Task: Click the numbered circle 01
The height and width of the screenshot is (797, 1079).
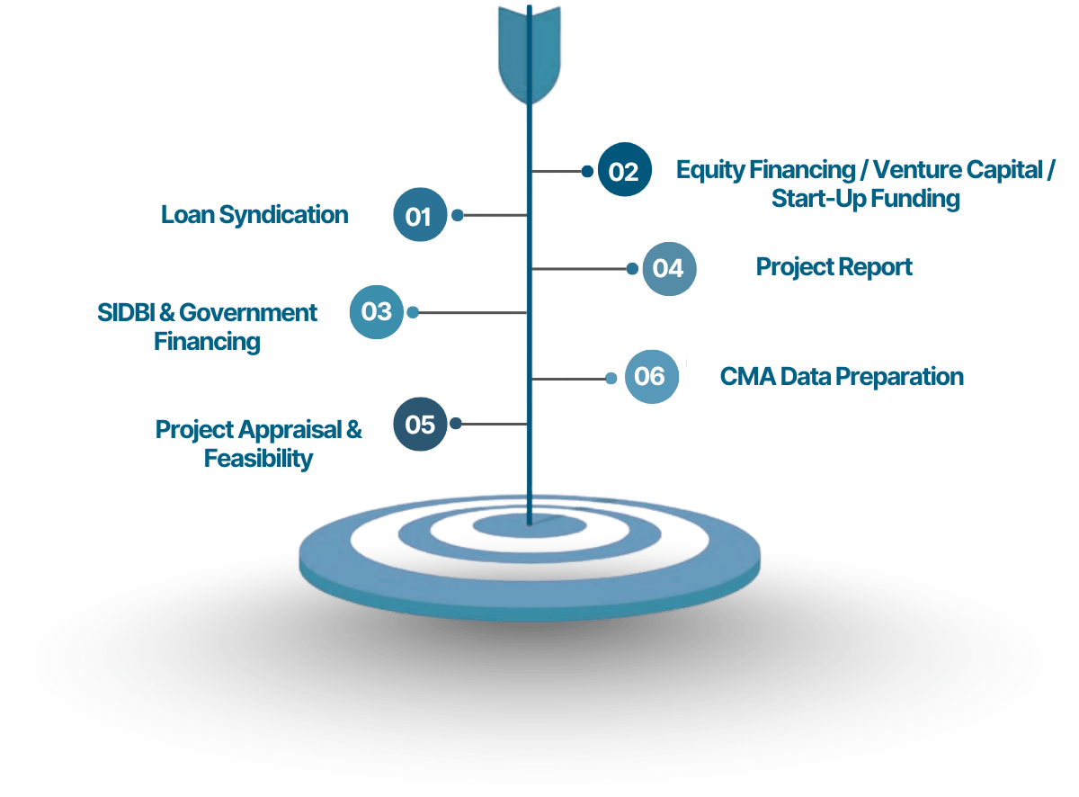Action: coord(419,214)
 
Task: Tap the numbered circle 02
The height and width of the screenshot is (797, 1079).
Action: coord(624,169)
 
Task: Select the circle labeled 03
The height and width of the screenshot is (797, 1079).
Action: coord(376,311)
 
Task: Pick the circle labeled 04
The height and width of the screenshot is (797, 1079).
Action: coord(669,268)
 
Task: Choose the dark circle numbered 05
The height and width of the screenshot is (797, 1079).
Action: coord(419,424)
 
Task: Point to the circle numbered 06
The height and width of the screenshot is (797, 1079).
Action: coord(651,376)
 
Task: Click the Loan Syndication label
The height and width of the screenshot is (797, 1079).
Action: coord(254,215)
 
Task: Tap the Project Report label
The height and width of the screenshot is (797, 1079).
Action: coord(834,267)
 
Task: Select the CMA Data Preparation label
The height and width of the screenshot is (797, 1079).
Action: coord(842,377)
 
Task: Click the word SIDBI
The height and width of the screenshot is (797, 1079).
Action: coord(126,312)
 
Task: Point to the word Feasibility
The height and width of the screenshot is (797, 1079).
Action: coord(258,459)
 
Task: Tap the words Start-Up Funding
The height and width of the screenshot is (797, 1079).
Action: coord(865,199)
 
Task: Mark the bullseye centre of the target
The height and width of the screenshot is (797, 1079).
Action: coord(530,525)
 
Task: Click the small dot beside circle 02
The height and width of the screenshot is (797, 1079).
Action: coord(587,171)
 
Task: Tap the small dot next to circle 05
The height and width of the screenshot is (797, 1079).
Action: coord(455,424)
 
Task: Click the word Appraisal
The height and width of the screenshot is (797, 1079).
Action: coord(290,430)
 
